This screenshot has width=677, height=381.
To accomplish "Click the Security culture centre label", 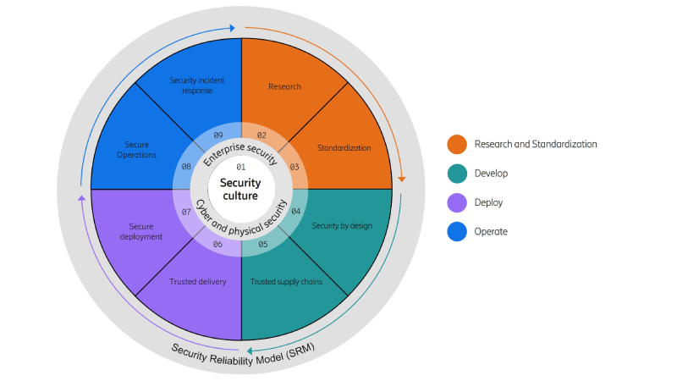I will (x=241, y=190).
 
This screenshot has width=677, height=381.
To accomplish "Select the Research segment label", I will (x=284, y=86).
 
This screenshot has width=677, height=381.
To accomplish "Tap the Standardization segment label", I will (x=344, y=148).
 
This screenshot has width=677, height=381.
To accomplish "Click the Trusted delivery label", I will (x=197, y=282).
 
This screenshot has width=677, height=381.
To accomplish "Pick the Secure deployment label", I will (x=140, y=231).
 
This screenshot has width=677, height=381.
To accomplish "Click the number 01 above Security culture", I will (x=240, y=167).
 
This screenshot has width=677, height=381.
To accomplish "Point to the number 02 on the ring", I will (x=261, y=135).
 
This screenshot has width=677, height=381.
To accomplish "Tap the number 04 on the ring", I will (x=295, y=211).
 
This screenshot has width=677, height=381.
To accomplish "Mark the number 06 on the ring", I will (x=217, y=245).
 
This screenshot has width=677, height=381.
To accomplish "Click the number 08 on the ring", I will (x=186, y=167).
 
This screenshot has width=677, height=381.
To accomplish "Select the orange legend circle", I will (x=457, y=145).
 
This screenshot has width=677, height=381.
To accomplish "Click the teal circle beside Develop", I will (x=457, y=174).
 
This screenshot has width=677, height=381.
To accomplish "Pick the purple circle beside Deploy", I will (x=457, y=202).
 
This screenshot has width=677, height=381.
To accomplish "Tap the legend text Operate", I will (x=491, y=231).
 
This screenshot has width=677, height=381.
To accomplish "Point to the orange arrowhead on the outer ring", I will (x=401, y=179).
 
